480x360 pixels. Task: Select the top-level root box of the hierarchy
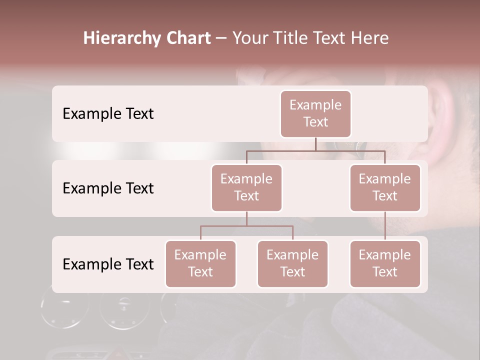point(315,113)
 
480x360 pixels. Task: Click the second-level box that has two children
point(246,187)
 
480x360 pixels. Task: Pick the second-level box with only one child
point(385,187)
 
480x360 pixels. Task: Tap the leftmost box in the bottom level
point(200,263)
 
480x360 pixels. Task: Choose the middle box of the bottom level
point(292,263)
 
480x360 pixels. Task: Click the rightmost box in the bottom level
point(385,263)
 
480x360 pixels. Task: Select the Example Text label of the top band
point(108,113)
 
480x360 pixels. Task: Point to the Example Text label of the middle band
point(108,188)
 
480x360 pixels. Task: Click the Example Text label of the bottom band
point(108,264)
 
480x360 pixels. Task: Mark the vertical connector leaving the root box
point(315,144)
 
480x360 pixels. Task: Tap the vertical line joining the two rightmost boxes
point(385,225)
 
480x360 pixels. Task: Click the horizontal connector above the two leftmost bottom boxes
point(246,226)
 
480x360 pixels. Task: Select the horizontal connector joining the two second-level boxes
point(315,150)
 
